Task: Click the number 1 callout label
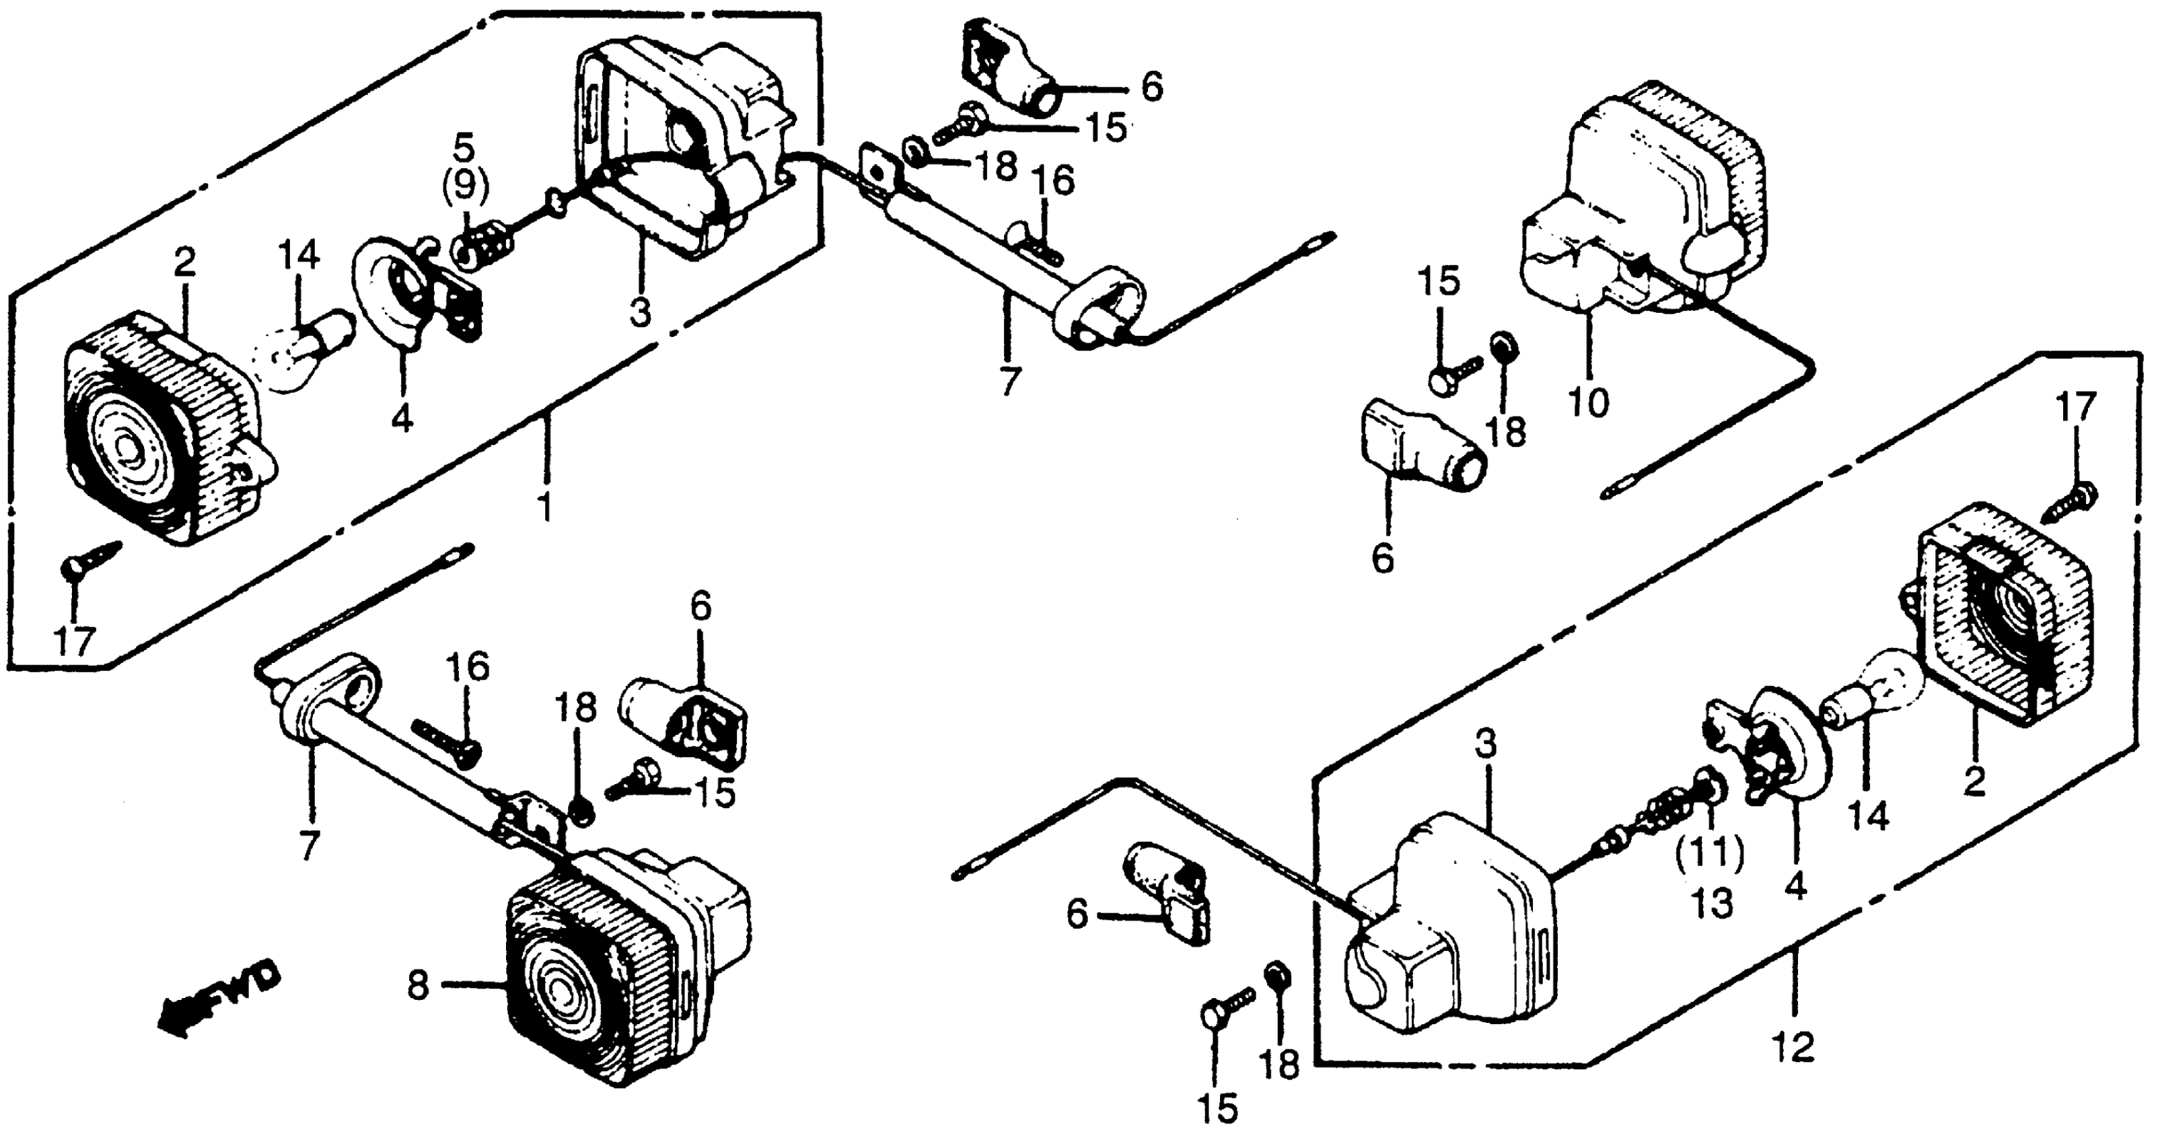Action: (x=545, y=507)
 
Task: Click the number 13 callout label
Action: (x=1711, y=902)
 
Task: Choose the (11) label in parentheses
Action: (x=1711, y=855)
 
